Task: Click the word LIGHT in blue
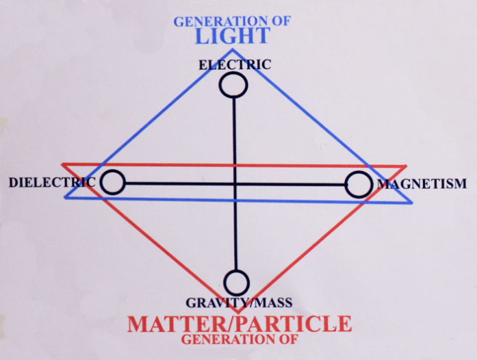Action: [233, 36]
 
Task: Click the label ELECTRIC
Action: [235, 65]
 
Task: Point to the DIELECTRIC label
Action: [52, 182]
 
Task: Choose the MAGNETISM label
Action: [422, 184]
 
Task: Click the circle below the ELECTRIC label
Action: [233, 86]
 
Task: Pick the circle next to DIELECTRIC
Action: [112, 182]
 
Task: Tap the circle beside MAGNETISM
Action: [359, 184]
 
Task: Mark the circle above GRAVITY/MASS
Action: [236, 283]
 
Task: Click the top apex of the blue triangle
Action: [233, 49]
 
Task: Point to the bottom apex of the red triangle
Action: [238, 313]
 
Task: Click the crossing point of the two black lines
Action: [235, 184]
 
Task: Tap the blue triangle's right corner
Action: [411, 203]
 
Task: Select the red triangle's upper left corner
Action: [62, 165]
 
